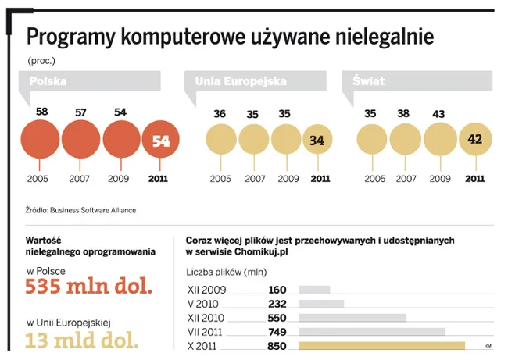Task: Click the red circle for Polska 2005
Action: [x=41, y=141]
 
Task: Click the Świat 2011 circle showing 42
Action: [x=474, y=141]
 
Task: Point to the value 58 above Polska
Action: [x=42, y=112]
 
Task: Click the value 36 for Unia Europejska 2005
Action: [x=220, y=114]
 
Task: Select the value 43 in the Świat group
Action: [x=438, y=114]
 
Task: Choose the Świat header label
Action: [x=368, y=81]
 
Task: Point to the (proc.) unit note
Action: [x=41, y=59]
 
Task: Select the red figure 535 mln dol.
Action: [x=88, y=287]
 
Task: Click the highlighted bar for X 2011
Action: [x=382, y=345]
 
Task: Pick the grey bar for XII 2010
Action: [x=352, y=318]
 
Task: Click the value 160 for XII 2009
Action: [x=277, y=290]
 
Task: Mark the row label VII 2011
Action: [x=206, y=332]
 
